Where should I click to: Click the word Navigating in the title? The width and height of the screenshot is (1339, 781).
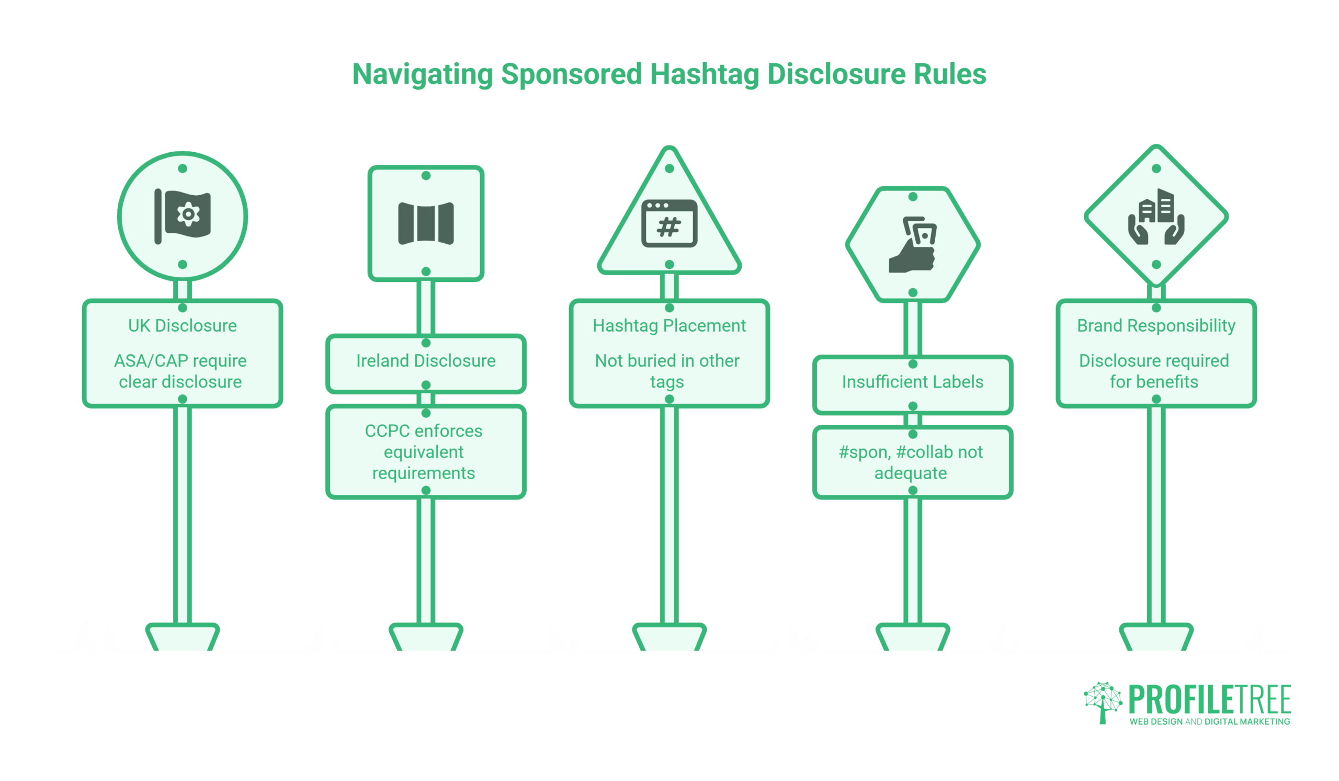tap(423, 74)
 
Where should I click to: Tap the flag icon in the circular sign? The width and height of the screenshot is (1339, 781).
tap(182, 216)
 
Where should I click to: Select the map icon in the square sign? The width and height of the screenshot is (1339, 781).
tap(426, 223)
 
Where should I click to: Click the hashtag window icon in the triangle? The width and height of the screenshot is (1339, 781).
tap(669, 223)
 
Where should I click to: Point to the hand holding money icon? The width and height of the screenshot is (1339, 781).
tap(912, 244)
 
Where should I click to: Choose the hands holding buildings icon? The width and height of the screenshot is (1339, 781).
tap(1156, 216)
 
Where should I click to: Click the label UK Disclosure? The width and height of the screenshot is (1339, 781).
tap(182, 326)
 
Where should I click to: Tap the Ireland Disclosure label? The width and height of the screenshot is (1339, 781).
tap(426, 361)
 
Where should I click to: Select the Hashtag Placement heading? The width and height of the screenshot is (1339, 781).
tap(669, 326)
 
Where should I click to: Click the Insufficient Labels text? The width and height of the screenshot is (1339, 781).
tap(912, 381)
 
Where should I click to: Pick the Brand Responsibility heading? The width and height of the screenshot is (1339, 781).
tap(1156, 326)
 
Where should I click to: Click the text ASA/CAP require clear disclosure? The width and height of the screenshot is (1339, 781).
tap(180, 371)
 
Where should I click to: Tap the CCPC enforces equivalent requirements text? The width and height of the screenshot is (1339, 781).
tap(424, 451)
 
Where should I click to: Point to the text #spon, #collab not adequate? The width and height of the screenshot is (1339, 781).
tap(910, 462)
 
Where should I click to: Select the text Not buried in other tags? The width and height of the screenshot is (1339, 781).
tap(667, 371)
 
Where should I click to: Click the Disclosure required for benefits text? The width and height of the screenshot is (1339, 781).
tap(1153, 371)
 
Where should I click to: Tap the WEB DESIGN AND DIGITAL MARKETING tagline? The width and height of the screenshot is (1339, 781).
tap(1209, 721)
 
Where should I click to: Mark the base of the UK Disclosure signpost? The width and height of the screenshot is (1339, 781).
tap(182, 637)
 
